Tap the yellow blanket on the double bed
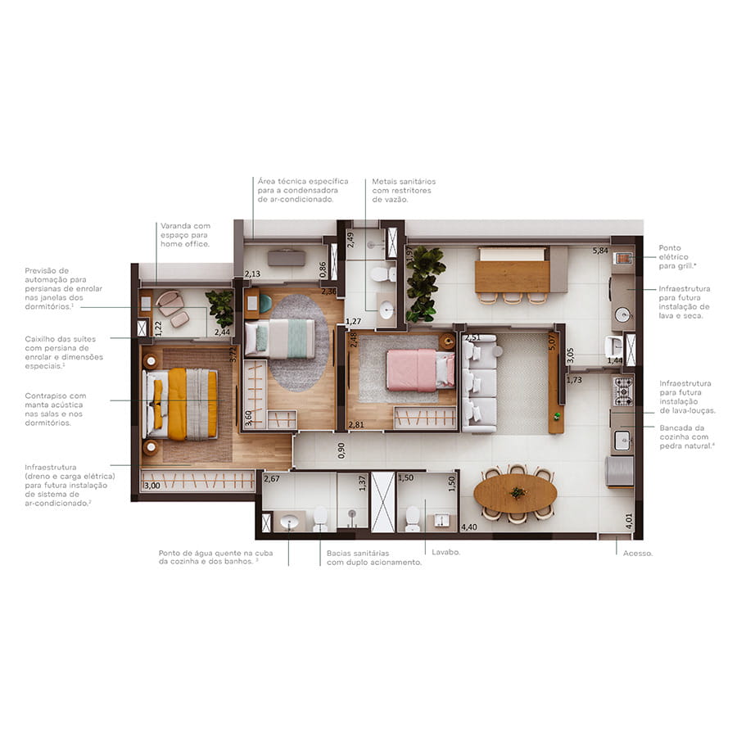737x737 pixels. (x=177, y=405)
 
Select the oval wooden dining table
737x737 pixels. (x=516, y=493)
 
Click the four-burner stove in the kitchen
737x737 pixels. (x=623, y=391)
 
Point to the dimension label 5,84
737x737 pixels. (x=600, y=251)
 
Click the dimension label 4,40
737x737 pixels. (x=468, y=527)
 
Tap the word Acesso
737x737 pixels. (x=637, y=554)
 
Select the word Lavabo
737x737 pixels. (x=445, y=552)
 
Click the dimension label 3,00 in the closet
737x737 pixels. (x=151, y=486)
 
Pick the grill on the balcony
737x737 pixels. (x=623, y=258)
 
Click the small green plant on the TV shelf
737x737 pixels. (x=557, y=416)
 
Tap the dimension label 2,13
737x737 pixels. (x=252, y=274)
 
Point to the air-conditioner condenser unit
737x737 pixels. (x=287, y=258)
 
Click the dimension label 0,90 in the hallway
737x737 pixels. (x=341, y=450)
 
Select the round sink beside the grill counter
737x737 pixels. (x=623, y=314)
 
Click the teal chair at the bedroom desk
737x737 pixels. (x=265, y=304)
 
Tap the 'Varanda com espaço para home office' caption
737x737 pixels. (x=185, y=235)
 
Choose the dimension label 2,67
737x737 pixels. (x=272, y=479)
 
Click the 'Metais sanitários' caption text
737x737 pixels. (x=404, y=182)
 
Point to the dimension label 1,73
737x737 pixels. (x=574, y=380)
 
